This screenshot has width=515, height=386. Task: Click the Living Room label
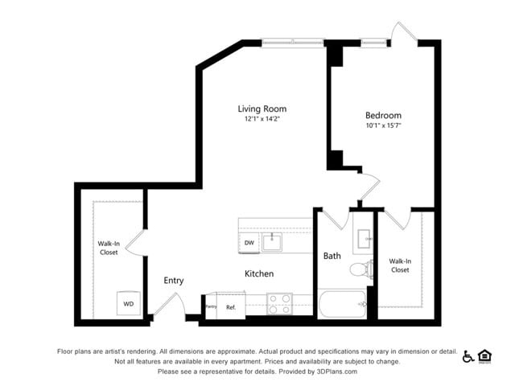[262, 109]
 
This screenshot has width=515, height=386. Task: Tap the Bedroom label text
[383, 115]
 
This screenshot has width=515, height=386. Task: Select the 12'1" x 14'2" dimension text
[262, 119]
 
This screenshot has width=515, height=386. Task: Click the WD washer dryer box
[128, 304]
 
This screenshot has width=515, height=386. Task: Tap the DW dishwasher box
[249, 243]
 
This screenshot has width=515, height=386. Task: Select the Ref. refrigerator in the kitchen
[230, 306]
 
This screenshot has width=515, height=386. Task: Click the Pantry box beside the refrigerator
[211, 306]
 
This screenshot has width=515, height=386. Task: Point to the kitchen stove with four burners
[278, 303]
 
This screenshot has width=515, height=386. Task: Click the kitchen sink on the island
[274, 240]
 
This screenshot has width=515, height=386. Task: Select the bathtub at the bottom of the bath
[343, 304]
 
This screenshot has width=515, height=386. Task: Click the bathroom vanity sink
[364, 238]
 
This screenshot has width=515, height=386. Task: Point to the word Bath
[332, 256]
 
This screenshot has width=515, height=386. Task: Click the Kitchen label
[259, 273]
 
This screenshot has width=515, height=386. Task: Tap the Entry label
[173, 281]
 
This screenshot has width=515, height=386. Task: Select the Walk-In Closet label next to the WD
[108, 248]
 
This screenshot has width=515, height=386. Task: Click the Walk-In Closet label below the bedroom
[400, 265]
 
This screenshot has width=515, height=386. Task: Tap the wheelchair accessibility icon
[468, 356]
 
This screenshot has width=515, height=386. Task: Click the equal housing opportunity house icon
[484, 355]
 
